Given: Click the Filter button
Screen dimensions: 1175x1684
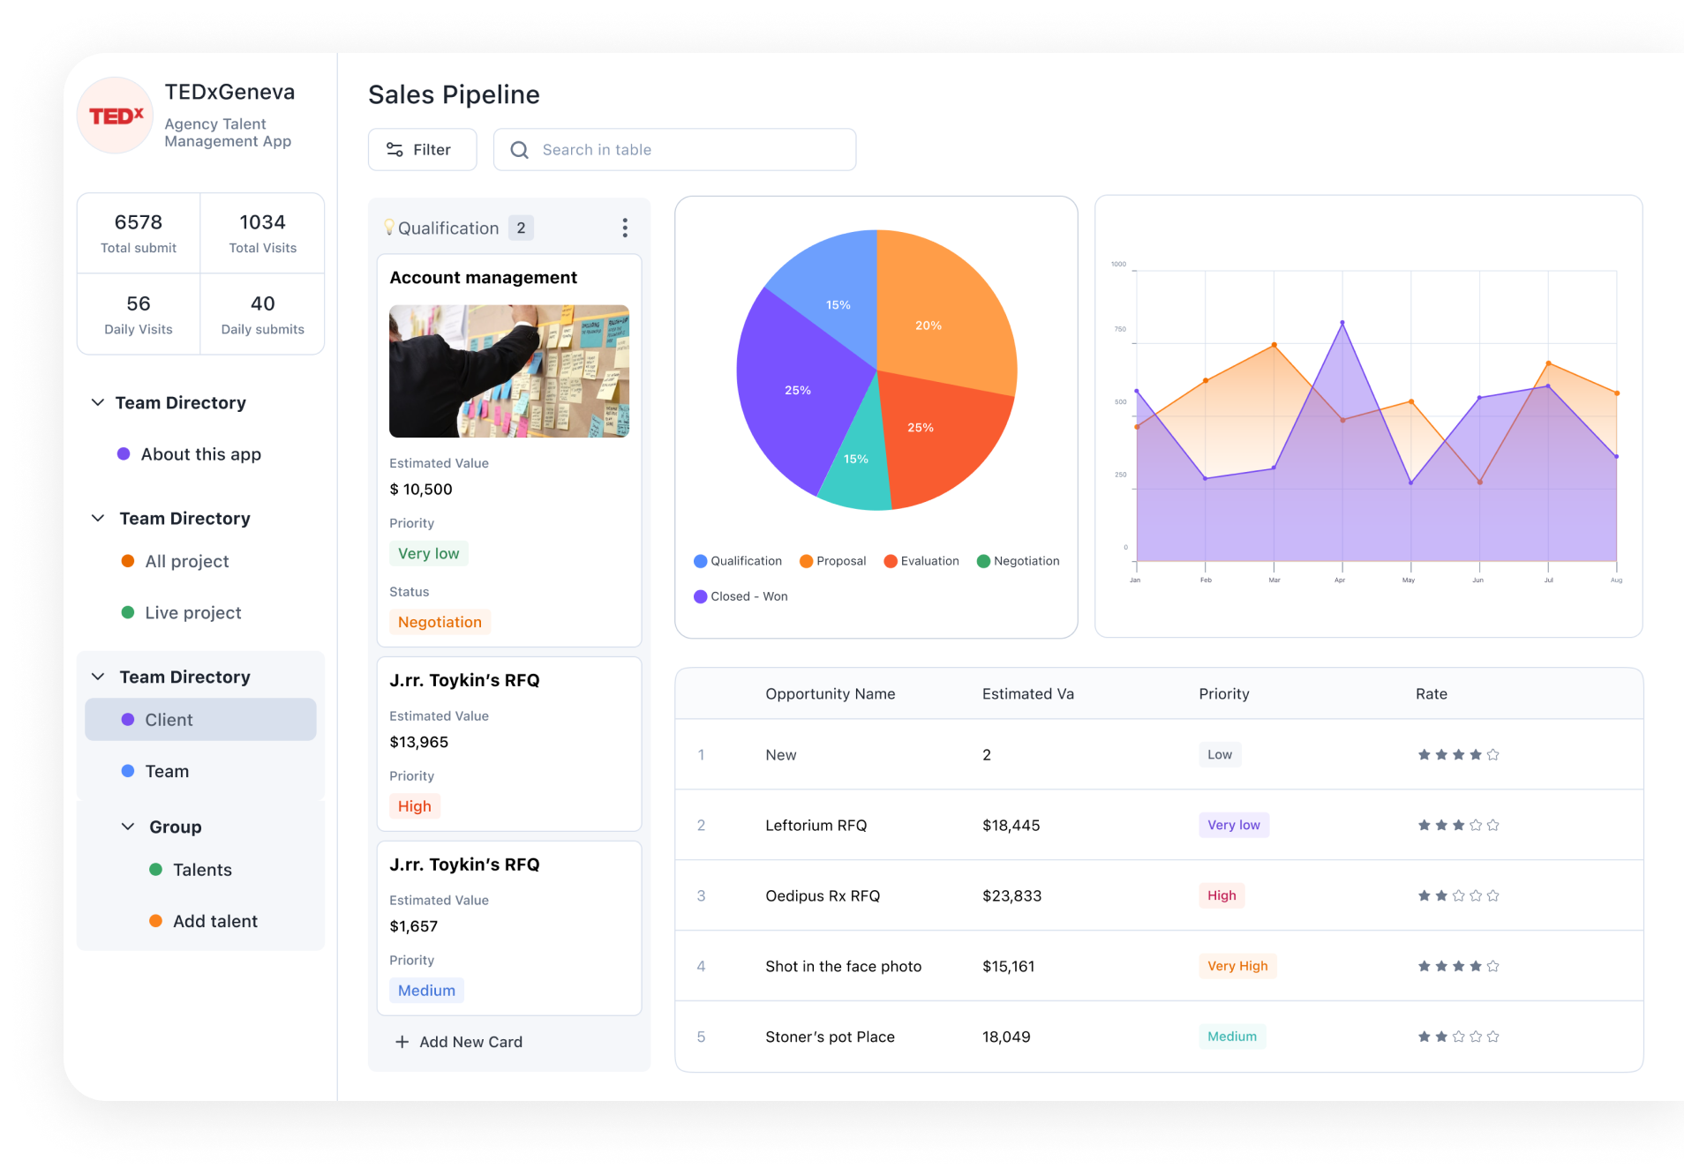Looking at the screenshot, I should click(422, 150).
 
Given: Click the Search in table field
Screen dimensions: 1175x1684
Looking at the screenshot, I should click(674, 150).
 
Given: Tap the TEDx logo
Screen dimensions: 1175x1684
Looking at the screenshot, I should click(116, 116).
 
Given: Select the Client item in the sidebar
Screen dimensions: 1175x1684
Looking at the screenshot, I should click(200, 720).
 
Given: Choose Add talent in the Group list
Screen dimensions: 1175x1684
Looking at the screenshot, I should click(214, 921).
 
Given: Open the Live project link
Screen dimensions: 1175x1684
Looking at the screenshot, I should click(192, 612).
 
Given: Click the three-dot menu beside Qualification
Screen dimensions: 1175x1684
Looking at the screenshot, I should click(625, 228).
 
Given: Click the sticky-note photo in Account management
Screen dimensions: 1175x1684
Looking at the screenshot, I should click(509, 371).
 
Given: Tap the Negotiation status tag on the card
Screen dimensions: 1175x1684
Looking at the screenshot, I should click(440, 622).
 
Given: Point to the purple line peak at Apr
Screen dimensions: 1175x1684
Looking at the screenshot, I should click(1342, 323).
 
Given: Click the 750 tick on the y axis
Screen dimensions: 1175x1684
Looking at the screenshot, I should click(1120, 329).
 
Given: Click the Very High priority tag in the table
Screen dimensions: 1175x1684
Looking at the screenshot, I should click(1237, 966).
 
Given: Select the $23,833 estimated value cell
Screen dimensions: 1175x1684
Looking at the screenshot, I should click(1011, 895).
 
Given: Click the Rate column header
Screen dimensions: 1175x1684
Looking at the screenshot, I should click(1431, 694).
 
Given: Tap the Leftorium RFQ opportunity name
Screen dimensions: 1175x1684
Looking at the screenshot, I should click(816, 825).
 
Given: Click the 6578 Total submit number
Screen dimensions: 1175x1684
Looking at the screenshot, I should click(139, 222).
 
